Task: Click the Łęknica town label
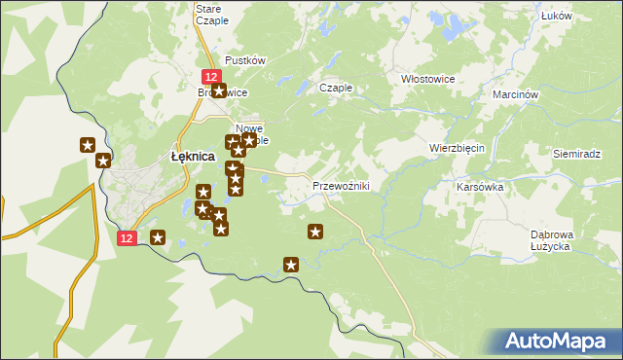tap(193, 156)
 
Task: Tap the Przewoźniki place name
tap(340, 186)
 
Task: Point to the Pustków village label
tap(245, 60)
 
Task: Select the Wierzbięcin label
tap(457, 148)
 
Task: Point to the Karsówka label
tap(479, 186)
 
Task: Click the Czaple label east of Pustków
tap(336, 88)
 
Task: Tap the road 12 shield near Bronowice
tap(210, 76)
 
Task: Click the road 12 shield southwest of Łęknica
tap(128, 237)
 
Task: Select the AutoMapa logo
tap(557, 341)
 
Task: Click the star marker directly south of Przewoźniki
tap(315, 232)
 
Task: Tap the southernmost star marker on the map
tap(290, 264)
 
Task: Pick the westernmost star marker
tap(87, 146)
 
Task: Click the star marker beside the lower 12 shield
tap(158, 237)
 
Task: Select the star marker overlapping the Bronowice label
tap(218, 92)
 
